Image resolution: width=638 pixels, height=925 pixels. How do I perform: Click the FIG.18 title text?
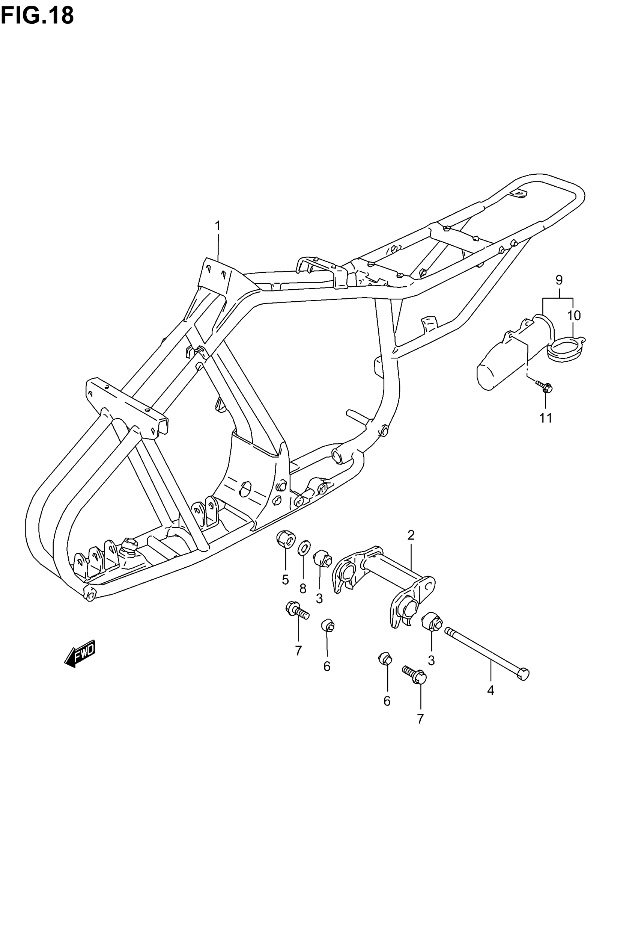click(37, 16)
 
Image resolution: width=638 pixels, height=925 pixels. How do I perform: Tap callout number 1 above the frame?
click(218, 227)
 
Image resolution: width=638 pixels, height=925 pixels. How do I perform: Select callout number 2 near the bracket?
click(411, 535)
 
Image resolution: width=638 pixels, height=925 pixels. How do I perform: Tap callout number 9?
click(559, 280)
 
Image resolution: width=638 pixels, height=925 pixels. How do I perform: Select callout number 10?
click(574, 316)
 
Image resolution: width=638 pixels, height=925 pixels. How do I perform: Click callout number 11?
click(546, 418)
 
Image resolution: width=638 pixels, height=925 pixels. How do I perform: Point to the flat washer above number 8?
click(304, 548)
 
